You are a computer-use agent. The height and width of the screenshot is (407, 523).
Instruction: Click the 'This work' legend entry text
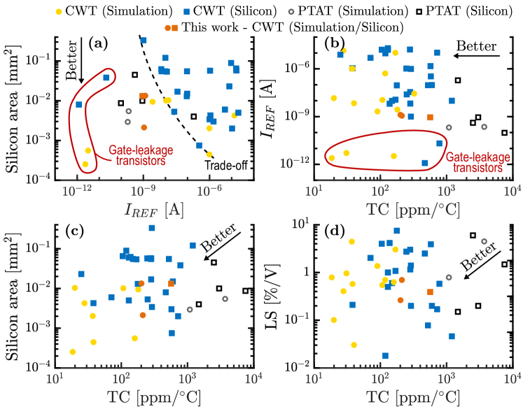[x=291, y=27]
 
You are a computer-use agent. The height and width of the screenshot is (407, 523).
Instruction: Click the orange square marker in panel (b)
[x=430, y=117]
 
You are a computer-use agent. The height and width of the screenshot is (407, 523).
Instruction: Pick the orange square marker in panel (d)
[x=430, y=292]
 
